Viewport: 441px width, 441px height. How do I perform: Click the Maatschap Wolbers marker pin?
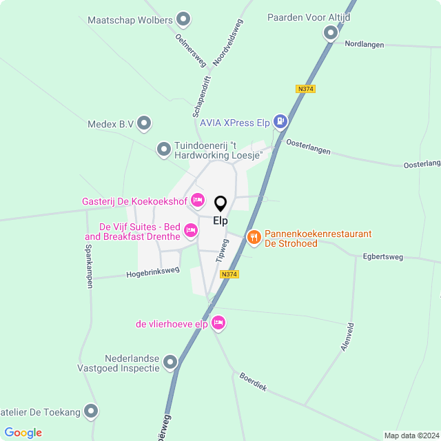[183, 19]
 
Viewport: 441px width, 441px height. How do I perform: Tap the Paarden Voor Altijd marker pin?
[331, 32]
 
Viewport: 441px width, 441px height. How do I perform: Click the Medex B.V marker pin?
[144, 124]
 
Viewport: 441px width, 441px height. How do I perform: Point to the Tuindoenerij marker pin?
[164, 149]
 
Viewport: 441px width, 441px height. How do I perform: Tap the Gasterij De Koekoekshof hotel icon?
[198, 201]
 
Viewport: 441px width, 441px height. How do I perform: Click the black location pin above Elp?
[220, 204]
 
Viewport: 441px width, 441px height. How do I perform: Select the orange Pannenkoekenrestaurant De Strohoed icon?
[254, 238]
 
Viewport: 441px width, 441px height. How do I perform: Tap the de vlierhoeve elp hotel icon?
[218, 322]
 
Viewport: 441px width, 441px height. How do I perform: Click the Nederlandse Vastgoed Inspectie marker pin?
[170, 362]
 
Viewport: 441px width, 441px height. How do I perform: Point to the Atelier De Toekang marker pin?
[91, 412]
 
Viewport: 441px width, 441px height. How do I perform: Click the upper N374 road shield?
[305, 89]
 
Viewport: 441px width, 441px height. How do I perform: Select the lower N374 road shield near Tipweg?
[229, 274]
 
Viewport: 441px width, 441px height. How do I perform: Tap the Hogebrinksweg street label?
[152, 272]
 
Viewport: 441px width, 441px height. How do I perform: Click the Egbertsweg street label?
[382, 256]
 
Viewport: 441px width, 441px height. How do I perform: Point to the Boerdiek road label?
[253, 382]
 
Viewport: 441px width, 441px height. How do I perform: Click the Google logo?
[23, 433]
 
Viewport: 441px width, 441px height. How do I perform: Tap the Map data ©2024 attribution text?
[411, 435]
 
